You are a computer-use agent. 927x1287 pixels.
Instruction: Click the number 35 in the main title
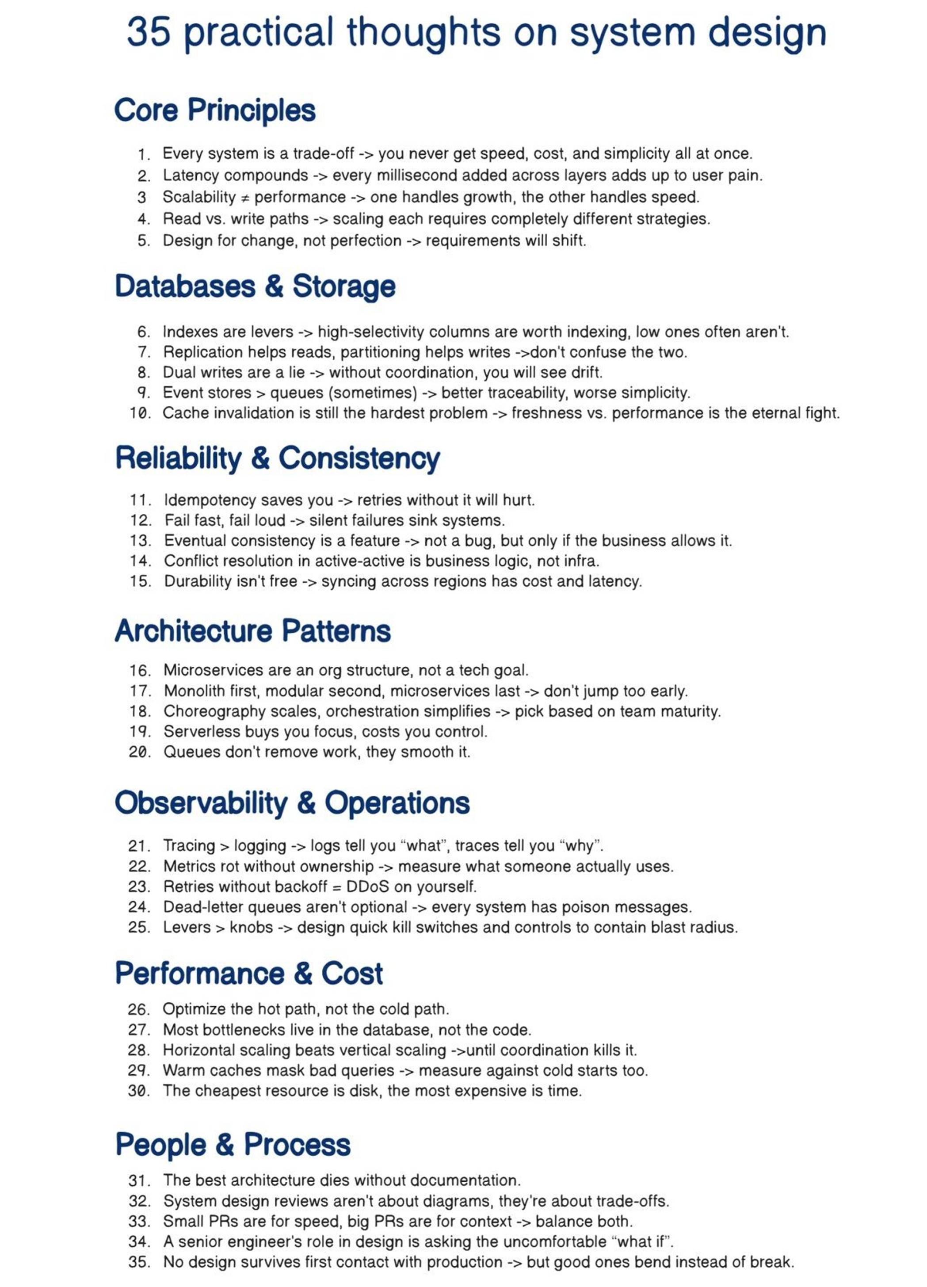(148, 32)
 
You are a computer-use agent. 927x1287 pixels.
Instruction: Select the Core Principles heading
(214, 110)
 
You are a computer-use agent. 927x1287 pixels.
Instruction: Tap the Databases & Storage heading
(255, 286)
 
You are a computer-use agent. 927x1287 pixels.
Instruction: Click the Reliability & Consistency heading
(278, 458)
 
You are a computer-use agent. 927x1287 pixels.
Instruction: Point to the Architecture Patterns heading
(252, 631)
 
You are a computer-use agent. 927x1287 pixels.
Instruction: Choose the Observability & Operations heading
(292, 803)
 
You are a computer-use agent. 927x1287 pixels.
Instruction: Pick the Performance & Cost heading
(248, 974)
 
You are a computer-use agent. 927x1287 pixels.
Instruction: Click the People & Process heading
(233, 1144)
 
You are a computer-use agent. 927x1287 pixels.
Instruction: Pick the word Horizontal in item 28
(195, 1050)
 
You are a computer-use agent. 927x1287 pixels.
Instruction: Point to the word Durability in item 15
(194, 581)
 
